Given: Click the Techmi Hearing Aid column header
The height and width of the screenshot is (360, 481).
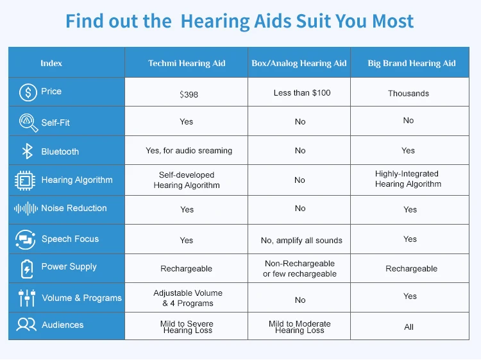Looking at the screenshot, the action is [x=187, y=64].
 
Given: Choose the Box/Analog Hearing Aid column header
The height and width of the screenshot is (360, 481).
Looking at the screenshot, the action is [x=299, y=64].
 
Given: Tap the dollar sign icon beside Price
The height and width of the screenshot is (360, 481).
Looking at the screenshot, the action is [x=28, y=92].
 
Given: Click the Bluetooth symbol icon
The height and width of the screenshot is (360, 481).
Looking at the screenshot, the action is [x=28, y=151].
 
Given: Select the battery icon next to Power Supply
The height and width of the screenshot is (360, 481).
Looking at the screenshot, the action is [x=27, y=269].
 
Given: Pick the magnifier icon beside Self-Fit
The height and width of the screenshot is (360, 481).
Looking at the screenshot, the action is [x=28, y=123].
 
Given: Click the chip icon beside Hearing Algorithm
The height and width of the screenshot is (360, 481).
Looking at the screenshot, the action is [x=25, y=180].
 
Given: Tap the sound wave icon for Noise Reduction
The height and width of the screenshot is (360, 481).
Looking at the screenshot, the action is [x=26, y=209].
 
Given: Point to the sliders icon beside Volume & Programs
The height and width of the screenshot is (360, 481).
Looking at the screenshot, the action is [x=27, y=298].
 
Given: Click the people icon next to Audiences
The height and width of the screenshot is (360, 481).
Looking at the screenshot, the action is [x=26, y=325].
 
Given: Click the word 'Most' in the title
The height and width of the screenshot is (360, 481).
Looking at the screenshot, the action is [x=393, y=21].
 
